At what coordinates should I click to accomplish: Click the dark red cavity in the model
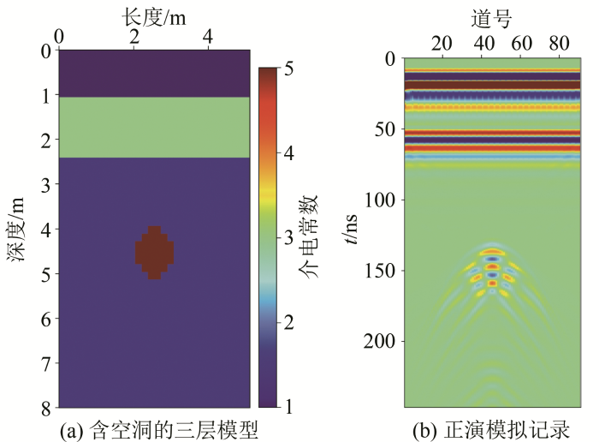[x=154, y=253]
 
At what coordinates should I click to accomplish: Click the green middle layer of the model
[x=154, y=128]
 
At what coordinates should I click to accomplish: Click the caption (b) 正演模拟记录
[x=493, y=427]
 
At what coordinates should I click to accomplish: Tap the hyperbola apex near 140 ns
[x=492, y=249]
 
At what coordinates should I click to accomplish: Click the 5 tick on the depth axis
[x=45, y=273]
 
